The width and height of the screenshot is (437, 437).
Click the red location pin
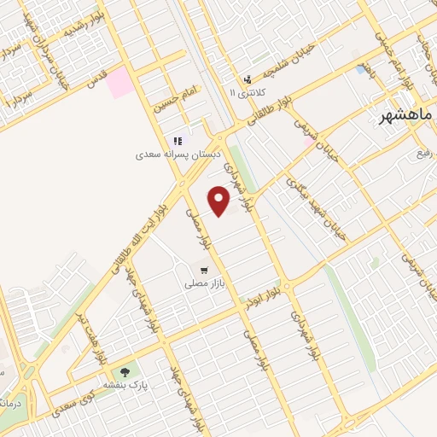[x=219, y=201]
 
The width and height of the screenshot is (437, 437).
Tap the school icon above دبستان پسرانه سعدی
[x=178, y=141]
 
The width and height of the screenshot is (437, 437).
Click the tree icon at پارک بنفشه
[x=126, y=372]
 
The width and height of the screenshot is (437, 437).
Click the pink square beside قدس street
[x=119, y=82]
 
